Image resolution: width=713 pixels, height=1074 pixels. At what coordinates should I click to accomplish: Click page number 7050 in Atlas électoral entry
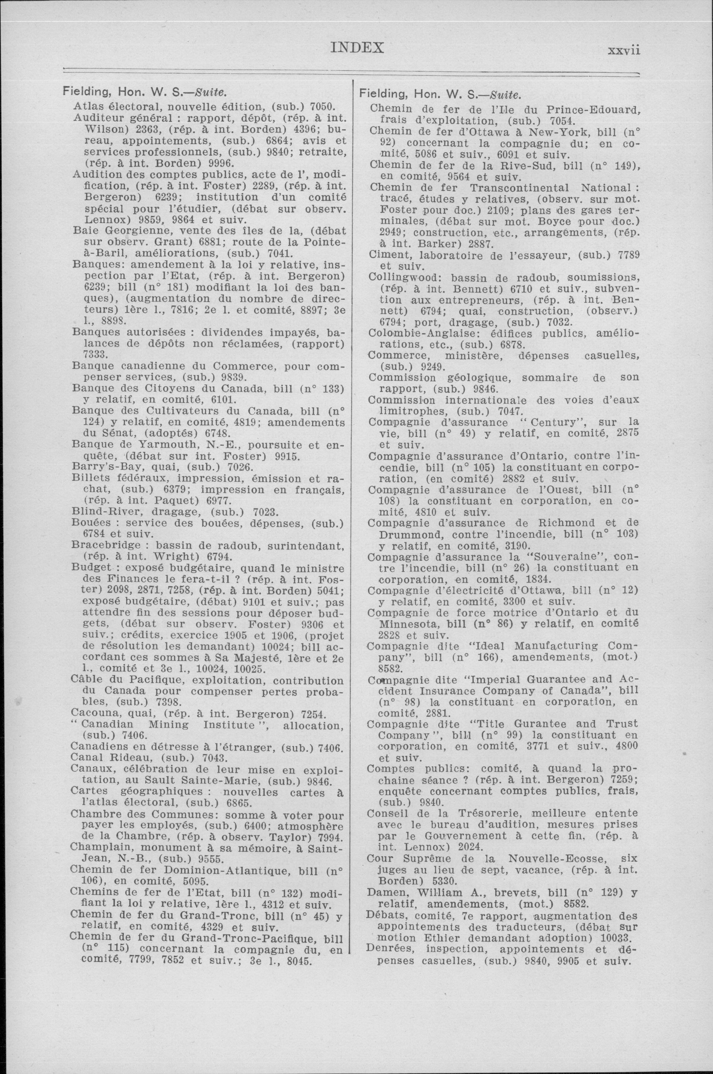click(322, 107)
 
